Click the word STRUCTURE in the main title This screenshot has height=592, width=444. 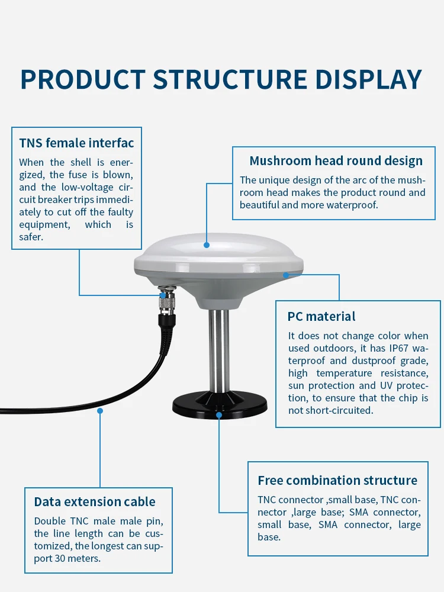tap(230, 80)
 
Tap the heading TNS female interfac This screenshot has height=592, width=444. tap(76, 143)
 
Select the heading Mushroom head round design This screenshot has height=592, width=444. tap(336, 161)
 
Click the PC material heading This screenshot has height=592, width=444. tap(321, 316)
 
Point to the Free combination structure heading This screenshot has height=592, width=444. tap(337, 480)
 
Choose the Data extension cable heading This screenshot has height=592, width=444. tap(95, 502)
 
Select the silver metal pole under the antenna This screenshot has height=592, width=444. tap(218, 349)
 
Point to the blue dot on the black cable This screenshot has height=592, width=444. tap(100, 410)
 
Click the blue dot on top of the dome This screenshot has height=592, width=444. tap(207, 244)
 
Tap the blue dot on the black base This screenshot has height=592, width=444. tap(219, 414)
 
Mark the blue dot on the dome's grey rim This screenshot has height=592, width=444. tap(285, 275)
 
